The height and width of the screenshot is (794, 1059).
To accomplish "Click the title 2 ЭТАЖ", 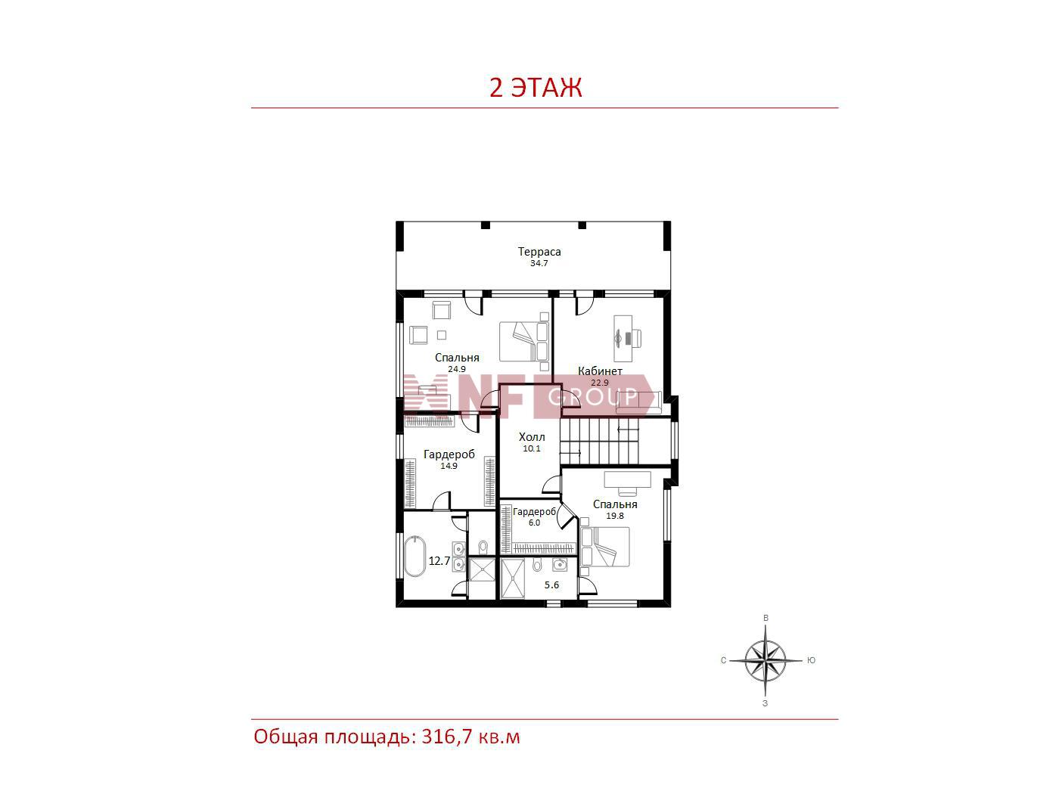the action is click(535, 88).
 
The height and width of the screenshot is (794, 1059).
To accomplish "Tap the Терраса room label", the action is click(539, 252).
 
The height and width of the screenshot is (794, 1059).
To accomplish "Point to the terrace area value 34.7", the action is click(539, 263).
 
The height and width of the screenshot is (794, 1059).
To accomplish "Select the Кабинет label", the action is click(600, 371).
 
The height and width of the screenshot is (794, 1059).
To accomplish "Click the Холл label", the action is click(532, 437).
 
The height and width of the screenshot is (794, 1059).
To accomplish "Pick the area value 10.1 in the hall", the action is click(532, 448).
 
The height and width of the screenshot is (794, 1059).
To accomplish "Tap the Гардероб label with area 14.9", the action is click(449, 454).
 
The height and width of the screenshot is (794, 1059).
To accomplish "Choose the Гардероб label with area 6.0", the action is click(534, 511).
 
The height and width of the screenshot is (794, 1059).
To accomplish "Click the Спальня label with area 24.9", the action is click(457, 357).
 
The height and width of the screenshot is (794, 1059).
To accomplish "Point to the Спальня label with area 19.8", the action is click(615, 504).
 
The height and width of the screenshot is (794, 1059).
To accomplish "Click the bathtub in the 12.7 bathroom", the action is click(415, 556).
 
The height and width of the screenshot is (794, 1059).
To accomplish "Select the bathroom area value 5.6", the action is click(551, 585).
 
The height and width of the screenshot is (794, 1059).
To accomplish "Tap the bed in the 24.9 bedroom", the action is click(524, 341).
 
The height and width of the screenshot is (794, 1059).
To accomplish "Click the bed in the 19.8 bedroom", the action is click(605, 547).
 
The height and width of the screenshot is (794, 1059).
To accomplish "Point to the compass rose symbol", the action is click(766, 660).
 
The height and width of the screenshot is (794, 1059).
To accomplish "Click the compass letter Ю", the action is click(811, 660).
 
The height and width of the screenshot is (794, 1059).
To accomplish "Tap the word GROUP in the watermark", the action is click(592, 397).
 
